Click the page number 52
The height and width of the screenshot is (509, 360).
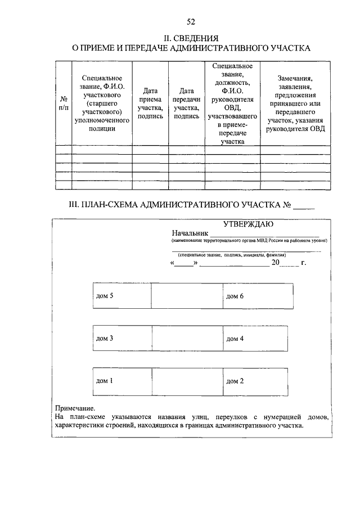click(191, 22)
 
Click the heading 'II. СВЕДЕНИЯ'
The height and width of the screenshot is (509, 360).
click(191, 38)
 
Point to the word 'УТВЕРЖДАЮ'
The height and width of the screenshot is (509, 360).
click(248, 223)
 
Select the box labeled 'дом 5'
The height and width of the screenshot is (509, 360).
click(121, 296)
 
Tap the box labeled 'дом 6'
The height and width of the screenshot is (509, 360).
click(258, 296)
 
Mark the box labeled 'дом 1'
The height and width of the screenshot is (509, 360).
click(121, 381)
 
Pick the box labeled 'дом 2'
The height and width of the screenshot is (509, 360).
click(258, 381)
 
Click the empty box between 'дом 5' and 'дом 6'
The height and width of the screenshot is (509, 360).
click(187, 296)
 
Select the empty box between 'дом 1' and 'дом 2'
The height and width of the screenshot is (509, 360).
click(187, 381)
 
